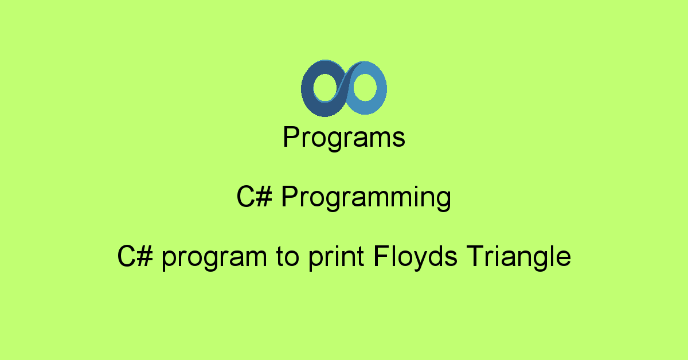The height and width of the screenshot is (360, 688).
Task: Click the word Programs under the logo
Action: coord(344,138)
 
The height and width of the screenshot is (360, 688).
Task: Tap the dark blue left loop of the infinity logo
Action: coord(307,89)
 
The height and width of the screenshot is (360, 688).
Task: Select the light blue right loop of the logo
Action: coord(381,89)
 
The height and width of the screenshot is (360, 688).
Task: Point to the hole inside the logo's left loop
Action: coord(326,87)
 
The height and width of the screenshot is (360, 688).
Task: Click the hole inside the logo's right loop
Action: coord(365,87)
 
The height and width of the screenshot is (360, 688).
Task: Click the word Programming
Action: coord(366,197)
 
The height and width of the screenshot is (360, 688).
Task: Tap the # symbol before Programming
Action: coord(264,196)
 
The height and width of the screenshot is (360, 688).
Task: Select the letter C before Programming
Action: coord(245,196)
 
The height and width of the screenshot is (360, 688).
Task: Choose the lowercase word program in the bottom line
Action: coord(214,258)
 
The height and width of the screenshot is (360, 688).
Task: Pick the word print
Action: coord(337,257)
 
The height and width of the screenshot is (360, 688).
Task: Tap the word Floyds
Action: coord(415,257)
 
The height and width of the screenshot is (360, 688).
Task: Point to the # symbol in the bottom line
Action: coord(144,256)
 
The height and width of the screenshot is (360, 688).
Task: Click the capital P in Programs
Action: coord(291,136)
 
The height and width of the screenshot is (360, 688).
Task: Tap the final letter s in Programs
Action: coord(398,139)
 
